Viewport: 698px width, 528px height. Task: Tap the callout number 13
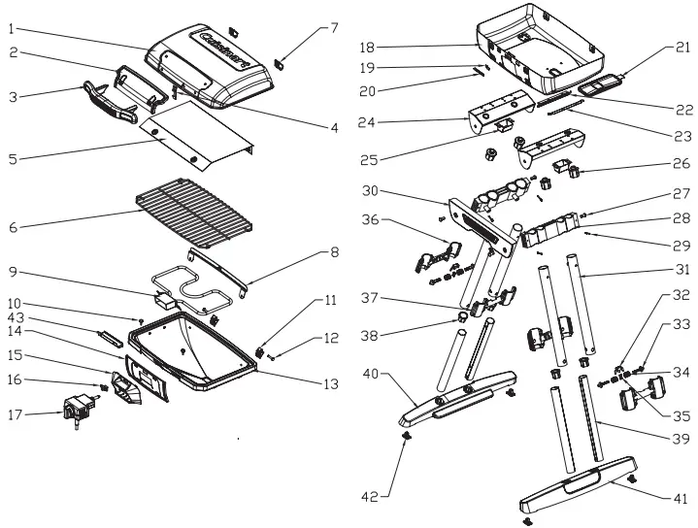click(x=331, y=384)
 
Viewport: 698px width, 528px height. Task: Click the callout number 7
click(x=334, y=28)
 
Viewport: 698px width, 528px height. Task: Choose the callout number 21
click(x=683, y=46)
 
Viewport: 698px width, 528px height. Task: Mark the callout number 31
click(x=682, y=269)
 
